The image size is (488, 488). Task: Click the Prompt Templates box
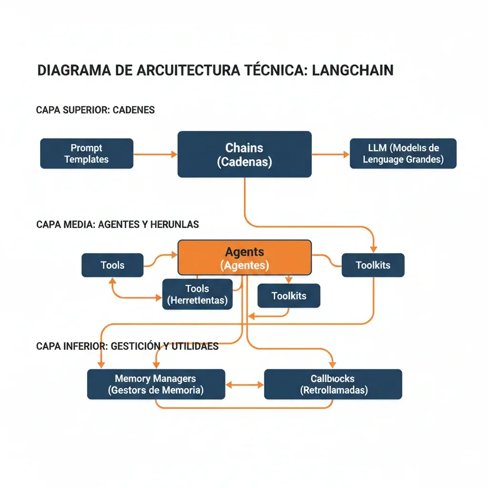pyautogui.click(x=86, y=153)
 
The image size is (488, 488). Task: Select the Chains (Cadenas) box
pyautogui.click(x=244, y=154)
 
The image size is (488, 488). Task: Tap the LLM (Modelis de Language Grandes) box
pyautogui.click(x=403, y=153)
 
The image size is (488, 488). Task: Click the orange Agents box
pyautogui.click(x=244, y=257)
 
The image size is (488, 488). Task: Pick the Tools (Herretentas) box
pyautogui.click(x=197, y=295)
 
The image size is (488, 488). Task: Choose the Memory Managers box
pyautogui.click(x=156, y=384)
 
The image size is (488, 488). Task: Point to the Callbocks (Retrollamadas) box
pyautogui.click(x=333, y=384)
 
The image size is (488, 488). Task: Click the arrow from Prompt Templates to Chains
pyautogui.click(x=155, y=154)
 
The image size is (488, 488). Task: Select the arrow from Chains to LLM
pyautogui.click(x=330, y=154)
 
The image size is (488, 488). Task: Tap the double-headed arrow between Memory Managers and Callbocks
pyautogui.click(x=244, y=384)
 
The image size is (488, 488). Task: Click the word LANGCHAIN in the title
pyautogui.click(x=353, y=71)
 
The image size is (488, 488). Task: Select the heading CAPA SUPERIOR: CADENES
pyautogui.click(x=95, y=110)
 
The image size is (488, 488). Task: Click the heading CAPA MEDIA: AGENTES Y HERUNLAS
pyautogui.click(x=117, y=224)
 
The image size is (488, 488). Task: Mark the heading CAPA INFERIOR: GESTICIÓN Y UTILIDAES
pyautogui.click(x=127, y=346)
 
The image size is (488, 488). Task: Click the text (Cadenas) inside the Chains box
pyautogui.click(x=244, y=162)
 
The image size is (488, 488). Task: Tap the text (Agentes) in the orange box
pyautogui.click(x=244, y=265)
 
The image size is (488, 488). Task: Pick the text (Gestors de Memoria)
pyautogui.click(x=156, y=390)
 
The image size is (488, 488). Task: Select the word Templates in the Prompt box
pyautogui.click(x=86, y=160)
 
